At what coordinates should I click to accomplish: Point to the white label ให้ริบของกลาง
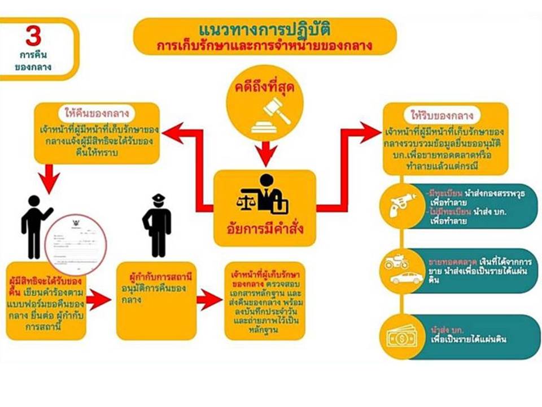click(447, 115)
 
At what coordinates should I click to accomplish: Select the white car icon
click(406, 278)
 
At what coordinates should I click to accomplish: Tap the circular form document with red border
click(76, 243)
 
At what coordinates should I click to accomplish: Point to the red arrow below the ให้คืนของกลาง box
click(51, 177)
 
